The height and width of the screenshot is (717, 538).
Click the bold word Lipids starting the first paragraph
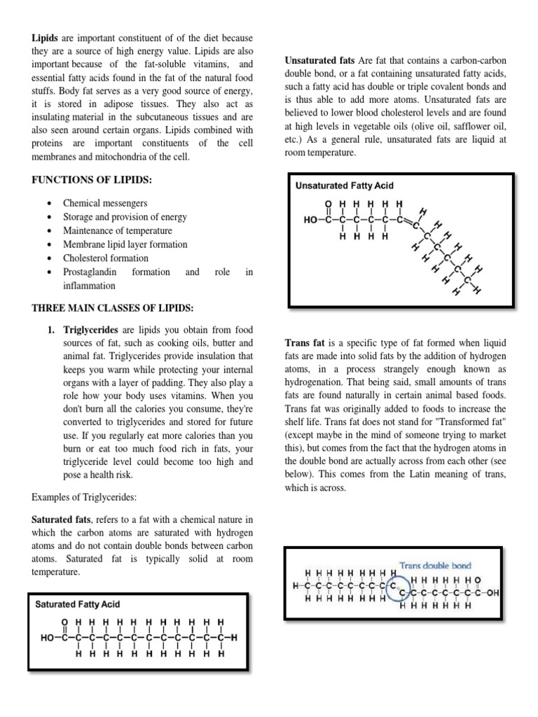pos(43,37)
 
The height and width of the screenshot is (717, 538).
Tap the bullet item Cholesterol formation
pos(106,258)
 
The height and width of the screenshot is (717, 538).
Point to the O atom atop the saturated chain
pos(66,622)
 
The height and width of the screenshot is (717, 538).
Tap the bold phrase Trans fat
pos(304,344)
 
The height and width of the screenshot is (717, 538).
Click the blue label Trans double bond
pos(435,565)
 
